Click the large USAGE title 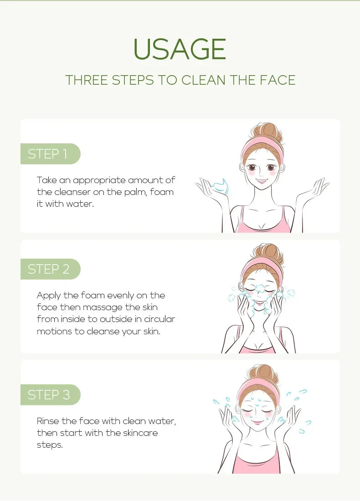tap(180, 49)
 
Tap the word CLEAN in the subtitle tap(203, 80)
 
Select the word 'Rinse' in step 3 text tap(48, 421)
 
